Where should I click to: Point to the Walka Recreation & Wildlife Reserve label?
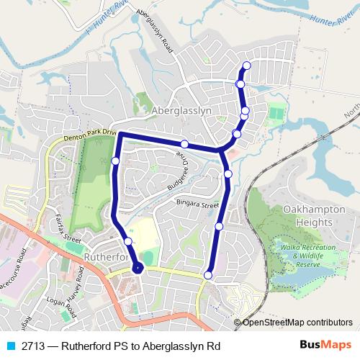pos(309,255)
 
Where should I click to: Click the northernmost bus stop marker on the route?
pos(247,66)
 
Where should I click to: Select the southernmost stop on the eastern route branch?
pos(208,274)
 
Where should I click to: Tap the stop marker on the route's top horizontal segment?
pos(184,143)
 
